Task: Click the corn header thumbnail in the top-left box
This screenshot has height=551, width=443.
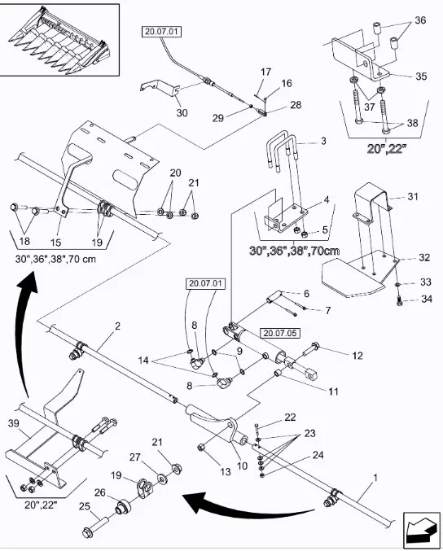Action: (59, 39)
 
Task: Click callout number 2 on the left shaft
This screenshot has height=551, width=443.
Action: (117, 326)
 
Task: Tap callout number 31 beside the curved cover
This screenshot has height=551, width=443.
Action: (413, 195)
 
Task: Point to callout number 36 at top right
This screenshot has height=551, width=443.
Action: (420, 20)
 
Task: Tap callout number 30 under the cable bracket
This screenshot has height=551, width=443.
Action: (181, 113)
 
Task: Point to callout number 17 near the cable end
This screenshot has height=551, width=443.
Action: (265, 72)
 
